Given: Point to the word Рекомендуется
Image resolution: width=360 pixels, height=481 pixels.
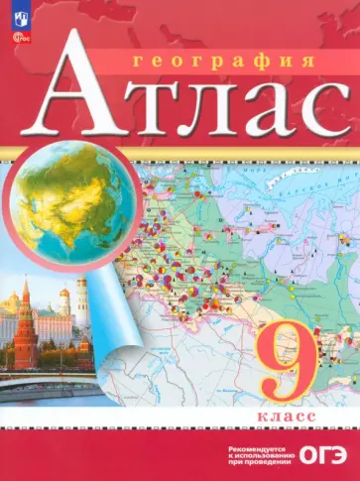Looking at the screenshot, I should click(x=244, y=443).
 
